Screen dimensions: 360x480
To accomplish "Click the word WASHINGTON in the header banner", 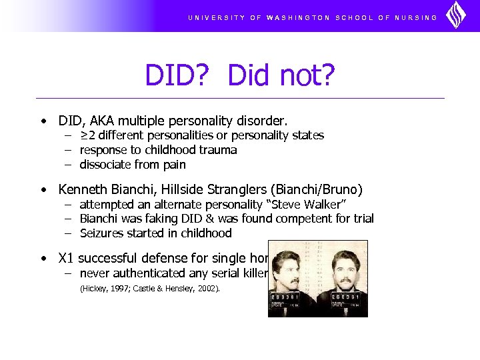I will pyautogui.click(x=298, y=18).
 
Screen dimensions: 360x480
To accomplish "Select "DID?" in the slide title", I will pyautogui.click(x=180, y=77).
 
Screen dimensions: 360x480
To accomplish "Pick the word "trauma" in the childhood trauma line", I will pyautogui.click(x=219, y=150).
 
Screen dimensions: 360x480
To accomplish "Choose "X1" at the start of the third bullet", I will pyautogui.click(x=67, y=258).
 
